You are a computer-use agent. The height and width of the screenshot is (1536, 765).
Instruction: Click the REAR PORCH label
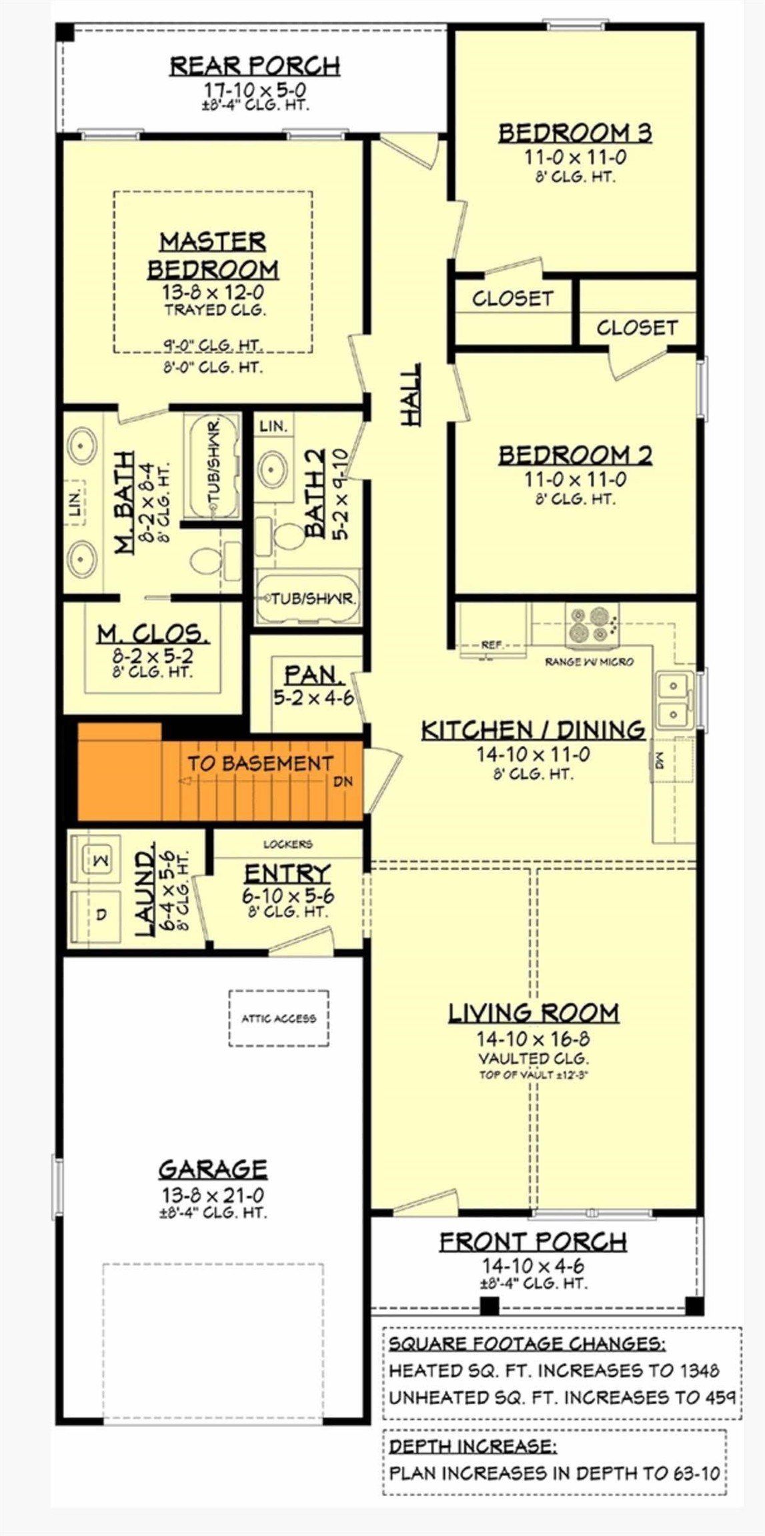click(x=255, y=66)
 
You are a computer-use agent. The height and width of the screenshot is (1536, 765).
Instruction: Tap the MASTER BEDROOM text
click(x=213, y=255)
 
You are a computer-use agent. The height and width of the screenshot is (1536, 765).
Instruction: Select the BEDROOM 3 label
click(x=575, y=133)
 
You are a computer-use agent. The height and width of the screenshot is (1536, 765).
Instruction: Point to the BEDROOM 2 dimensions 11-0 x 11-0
click(x=575, y=479)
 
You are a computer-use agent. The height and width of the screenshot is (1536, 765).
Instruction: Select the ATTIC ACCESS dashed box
click(x=279, y=1018)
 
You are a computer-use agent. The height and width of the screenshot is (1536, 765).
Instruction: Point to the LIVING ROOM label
click(x=533, y=1013)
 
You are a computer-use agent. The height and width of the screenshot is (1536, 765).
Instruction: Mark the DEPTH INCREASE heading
click(x=473, y=1446)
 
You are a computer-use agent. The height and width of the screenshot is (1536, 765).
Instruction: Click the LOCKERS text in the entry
click(x=287, y=844)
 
